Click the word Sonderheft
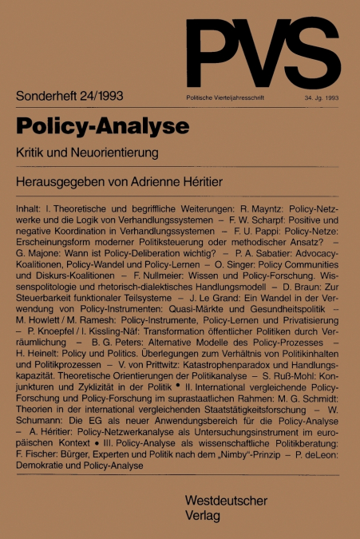pos(49,96)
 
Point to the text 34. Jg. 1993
pos(322,97)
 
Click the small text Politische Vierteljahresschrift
pos(224,97)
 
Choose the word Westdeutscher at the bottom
pos(226,499)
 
